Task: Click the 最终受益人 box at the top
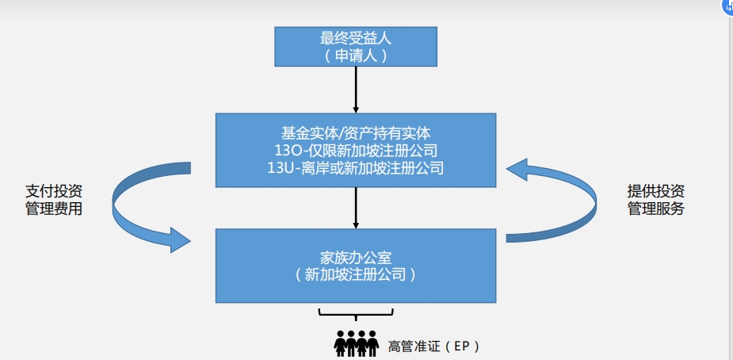pos(356,46)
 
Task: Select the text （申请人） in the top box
pos(356,56)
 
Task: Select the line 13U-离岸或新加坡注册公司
pos(355,167)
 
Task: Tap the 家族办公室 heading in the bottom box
pos(355,258)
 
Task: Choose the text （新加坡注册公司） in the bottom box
pos(355,275)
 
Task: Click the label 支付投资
pos(54,192)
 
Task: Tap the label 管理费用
pos(54,210)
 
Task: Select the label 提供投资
pos(655,192)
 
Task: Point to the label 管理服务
pos(655,210)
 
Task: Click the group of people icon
pos(355,344)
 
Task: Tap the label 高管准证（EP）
pos(433,347)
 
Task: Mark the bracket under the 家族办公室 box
pos(356,312)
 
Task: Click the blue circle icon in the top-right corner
pos(727,6)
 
